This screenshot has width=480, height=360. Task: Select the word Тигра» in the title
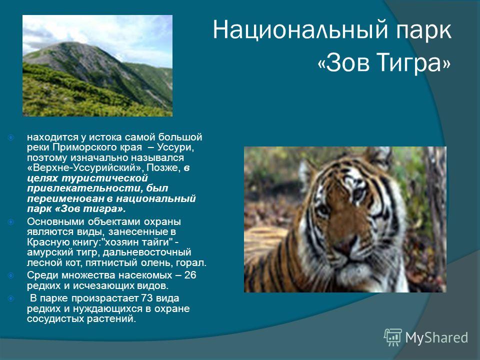click(413, 63)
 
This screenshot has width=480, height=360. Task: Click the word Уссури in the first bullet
click(174, 147)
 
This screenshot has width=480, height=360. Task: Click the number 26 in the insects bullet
click(190, 275)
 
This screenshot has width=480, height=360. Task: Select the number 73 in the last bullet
click(147, 298)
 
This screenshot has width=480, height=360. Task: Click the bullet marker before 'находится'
click(11, 137)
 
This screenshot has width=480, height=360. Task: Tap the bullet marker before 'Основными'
click(11, 221)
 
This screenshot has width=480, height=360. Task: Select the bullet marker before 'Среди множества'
click(11, 275)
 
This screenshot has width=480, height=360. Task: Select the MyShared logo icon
click(393, 337)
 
